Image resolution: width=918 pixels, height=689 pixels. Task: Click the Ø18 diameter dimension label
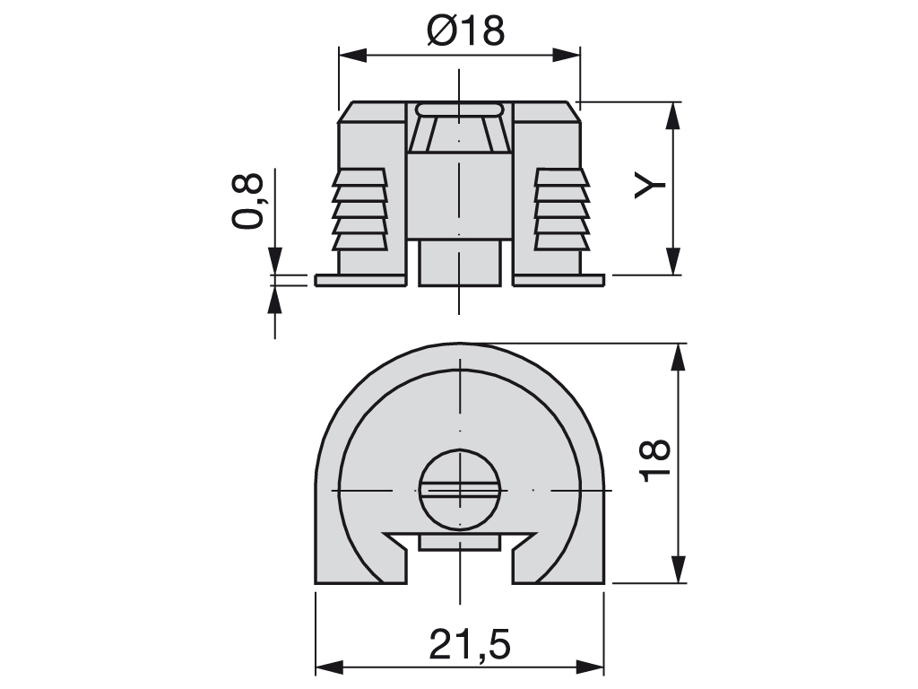[x=465, y=31]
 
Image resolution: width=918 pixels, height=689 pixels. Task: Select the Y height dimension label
[x=651, y=184]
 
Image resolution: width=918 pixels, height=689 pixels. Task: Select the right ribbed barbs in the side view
[x=561, y=209]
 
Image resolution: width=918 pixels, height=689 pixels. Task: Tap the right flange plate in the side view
[x=559, y=281]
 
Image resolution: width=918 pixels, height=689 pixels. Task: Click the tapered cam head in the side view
[x=459, y=131]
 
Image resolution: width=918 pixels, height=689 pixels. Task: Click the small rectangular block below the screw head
[x=459, y=542]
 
